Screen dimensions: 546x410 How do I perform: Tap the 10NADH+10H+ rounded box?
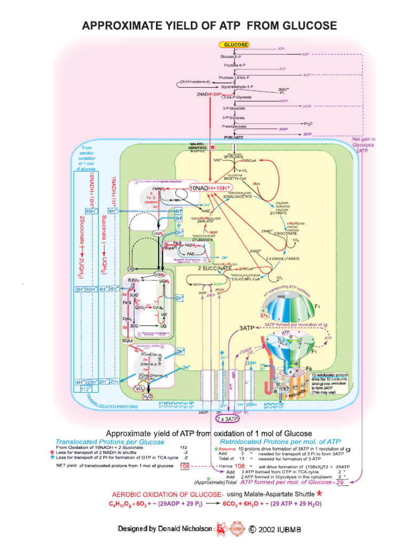coord(211,188)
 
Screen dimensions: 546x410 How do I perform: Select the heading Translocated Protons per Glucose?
coord(110,442)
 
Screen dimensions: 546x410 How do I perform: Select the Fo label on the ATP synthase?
coord(309,368)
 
